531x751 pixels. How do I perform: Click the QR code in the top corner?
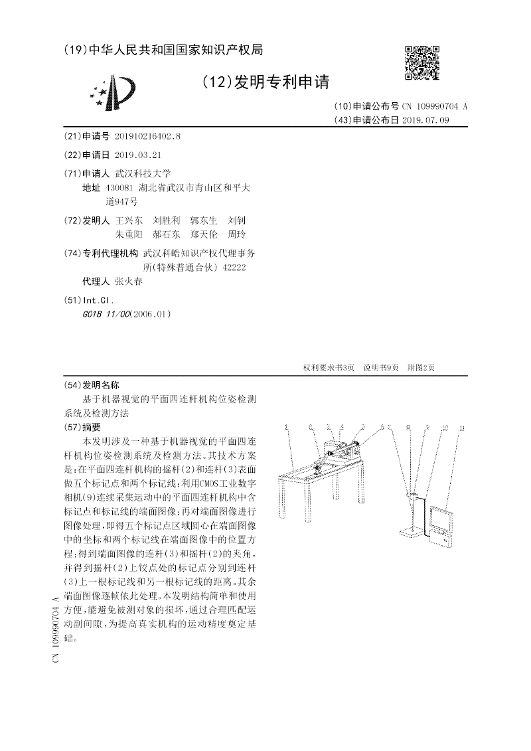[x=422, y=63]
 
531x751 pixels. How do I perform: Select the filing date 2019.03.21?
[x=138, y=155]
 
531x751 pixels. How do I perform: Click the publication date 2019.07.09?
[x=425, y=120]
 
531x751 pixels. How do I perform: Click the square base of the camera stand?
[x=413, y=532]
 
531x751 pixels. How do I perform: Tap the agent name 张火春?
[x=129, y=281]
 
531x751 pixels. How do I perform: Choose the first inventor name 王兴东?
[x=129, y=220]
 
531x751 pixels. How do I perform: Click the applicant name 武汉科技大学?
[x=143, y=173]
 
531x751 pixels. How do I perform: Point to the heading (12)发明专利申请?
[x=265, y=82]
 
